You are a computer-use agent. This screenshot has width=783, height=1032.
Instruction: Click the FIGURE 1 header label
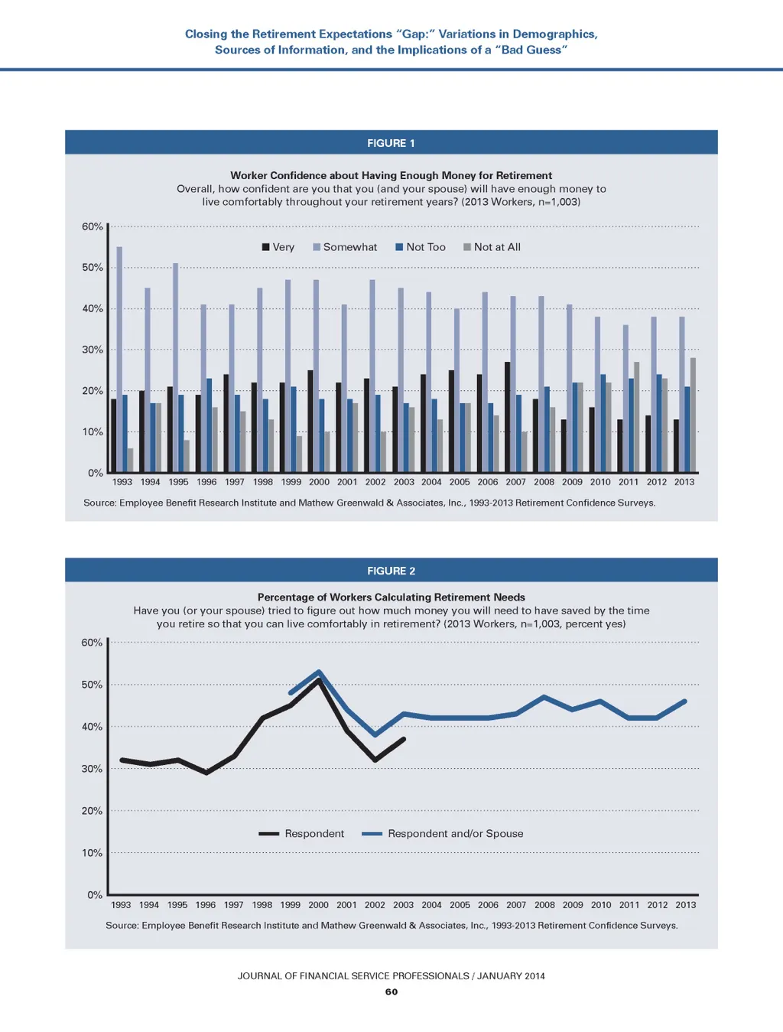click(x=391, y=143)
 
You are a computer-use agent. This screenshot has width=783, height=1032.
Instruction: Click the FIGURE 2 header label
click(x=391, y=571)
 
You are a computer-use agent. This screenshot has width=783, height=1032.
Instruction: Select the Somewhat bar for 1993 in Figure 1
click(x=119, y=360)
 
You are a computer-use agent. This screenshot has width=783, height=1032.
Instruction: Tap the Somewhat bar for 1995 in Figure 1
click(x=175, y=367)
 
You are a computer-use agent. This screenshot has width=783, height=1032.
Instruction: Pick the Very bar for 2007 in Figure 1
click(x=507, y=417)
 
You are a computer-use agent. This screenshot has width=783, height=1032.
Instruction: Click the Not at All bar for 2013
click(x=693, y=415)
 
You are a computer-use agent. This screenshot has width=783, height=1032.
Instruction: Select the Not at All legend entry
click(x=492, y=247)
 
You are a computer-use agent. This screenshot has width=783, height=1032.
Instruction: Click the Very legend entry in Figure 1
click(x=278, y=247)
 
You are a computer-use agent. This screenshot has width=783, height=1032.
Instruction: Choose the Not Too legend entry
click(x=420, y=247)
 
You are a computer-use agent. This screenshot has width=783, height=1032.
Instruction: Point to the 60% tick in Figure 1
click(x=93, y=226)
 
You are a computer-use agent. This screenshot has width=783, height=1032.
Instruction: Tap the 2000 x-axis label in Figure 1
click(x=319, y=482)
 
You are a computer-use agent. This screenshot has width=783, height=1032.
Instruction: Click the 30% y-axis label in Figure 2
click(x=92, y=769)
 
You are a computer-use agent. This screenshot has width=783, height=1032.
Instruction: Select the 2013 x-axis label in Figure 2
click(x=685, y=905)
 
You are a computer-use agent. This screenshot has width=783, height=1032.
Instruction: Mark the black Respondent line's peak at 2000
click(x=319, y=680)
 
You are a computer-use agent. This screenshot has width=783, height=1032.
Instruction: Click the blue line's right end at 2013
click(x=685, y=701)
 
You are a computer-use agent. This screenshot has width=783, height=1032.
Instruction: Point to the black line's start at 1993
click(x=122, y=760)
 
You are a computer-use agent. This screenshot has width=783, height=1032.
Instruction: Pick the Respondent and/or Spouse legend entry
click(x=443, y=834)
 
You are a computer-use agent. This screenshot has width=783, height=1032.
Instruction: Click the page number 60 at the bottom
click(x=391, y=991)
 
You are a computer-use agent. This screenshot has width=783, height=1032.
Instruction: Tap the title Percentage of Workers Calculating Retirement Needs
click(x=391, y=597)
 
